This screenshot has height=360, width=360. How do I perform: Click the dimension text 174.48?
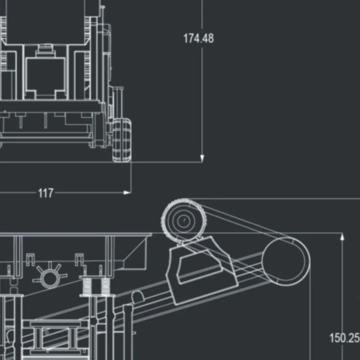[x=198, y=38]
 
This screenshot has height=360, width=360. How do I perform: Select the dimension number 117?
[x=45, y=193]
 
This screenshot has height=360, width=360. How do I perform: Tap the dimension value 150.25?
[x=344, y=338]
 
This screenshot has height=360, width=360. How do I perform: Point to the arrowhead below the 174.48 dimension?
[x=202, y=158]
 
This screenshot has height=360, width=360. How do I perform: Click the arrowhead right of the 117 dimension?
[x=127, y=193]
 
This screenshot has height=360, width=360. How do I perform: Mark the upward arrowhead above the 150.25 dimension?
[x=342, y=237]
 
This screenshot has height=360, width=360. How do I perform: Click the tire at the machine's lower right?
[x=121, y=140]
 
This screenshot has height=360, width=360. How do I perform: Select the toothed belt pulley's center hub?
[x=184, y=220]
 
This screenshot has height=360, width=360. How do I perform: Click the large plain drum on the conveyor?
[x=286, y=261]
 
